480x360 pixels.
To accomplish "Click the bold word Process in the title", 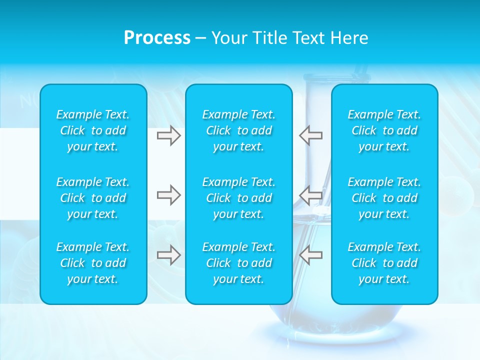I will [x=157, y=38].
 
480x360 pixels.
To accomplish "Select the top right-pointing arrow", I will [x=168, y=135].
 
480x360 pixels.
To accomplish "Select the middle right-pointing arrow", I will [x=168, y=195].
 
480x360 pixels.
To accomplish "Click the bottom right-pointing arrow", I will [x=168, y=255].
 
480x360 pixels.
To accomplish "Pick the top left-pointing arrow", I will [x=310, y=135].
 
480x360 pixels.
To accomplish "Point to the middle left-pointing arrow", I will [x=310, y=195].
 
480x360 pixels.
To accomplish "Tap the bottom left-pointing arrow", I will [x=310, y=255].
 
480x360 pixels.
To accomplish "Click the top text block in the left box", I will [x=93, y=130].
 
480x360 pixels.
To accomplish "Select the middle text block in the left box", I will [x=93, y=198].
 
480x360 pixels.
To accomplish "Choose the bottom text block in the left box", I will [x=93, y=263].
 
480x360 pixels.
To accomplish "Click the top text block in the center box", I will [x=239, y=130].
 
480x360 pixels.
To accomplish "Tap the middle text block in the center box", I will [x=239, y=198].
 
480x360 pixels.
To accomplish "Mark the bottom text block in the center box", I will [x=239, y=263].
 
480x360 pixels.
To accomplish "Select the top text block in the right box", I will [x=384, y=130].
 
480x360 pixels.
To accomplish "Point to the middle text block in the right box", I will [x=384, y=198].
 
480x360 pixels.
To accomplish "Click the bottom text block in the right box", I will [x=384, y=263].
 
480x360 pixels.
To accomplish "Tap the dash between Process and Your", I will [x=200, y=38].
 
